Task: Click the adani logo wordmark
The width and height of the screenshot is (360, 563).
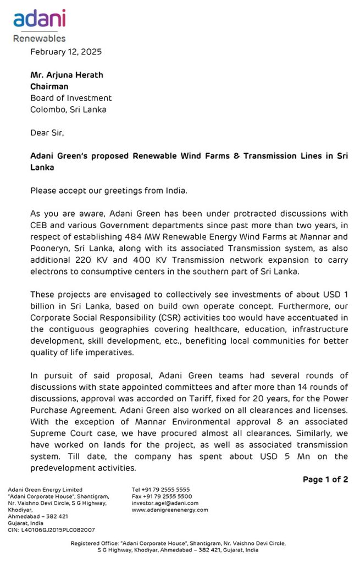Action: pyautogui.click(x=39, y=19)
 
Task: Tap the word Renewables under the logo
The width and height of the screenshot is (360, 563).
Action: pyautogui.click(x=39, y=38)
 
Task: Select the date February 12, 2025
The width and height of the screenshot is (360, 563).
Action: pyautogui.click(x=66, y=52)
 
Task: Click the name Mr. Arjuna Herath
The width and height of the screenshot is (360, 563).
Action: pyautogui.click(x=67, y=75)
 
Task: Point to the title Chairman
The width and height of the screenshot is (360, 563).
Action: pyautogui.click(x=49, y=86)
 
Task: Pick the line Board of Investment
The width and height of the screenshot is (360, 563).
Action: pyautogui.click(x=71, y=98)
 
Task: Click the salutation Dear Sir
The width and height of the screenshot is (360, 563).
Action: pyautogui.click(x=47, y=133)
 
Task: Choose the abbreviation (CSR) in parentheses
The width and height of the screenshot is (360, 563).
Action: pyautogui.click(x=165, y=318)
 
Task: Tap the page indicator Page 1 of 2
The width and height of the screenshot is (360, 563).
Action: pyautogui.click(x=325, y=479)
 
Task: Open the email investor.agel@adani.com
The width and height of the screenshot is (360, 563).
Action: pyautogui.click(x=165, y=503)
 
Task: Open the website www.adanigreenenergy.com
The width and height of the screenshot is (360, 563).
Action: pyautogui.click(x=170, y=510)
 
